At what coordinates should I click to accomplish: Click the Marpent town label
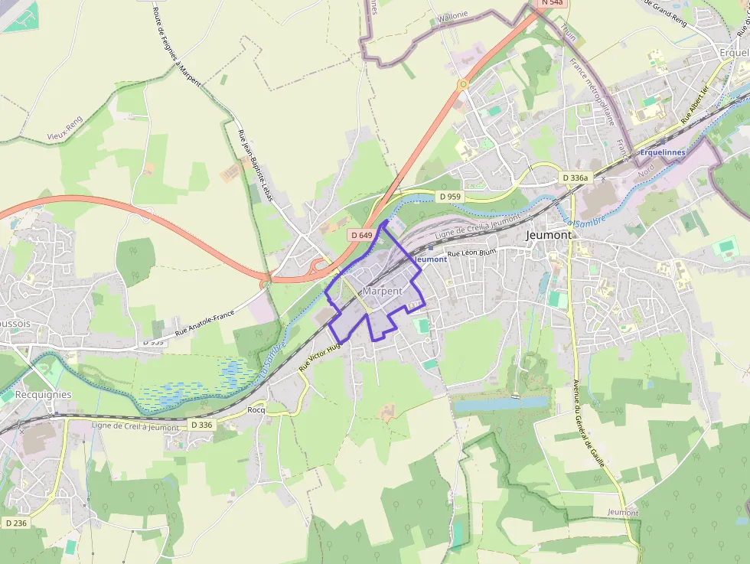383,292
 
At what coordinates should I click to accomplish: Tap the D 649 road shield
361,235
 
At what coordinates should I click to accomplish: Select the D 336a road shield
576,178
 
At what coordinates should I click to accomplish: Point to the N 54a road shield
552,3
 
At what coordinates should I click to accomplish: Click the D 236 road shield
15,523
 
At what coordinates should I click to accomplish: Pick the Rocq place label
256,409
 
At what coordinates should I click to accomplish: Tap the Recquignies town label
43,395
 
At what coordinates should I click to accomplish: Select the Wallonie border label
452,15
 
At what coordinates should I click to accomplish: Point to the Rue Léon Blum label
471,253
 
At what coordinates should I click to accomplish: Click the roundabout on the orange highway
462,83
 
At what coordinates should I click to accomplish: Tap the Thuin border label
568,31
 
